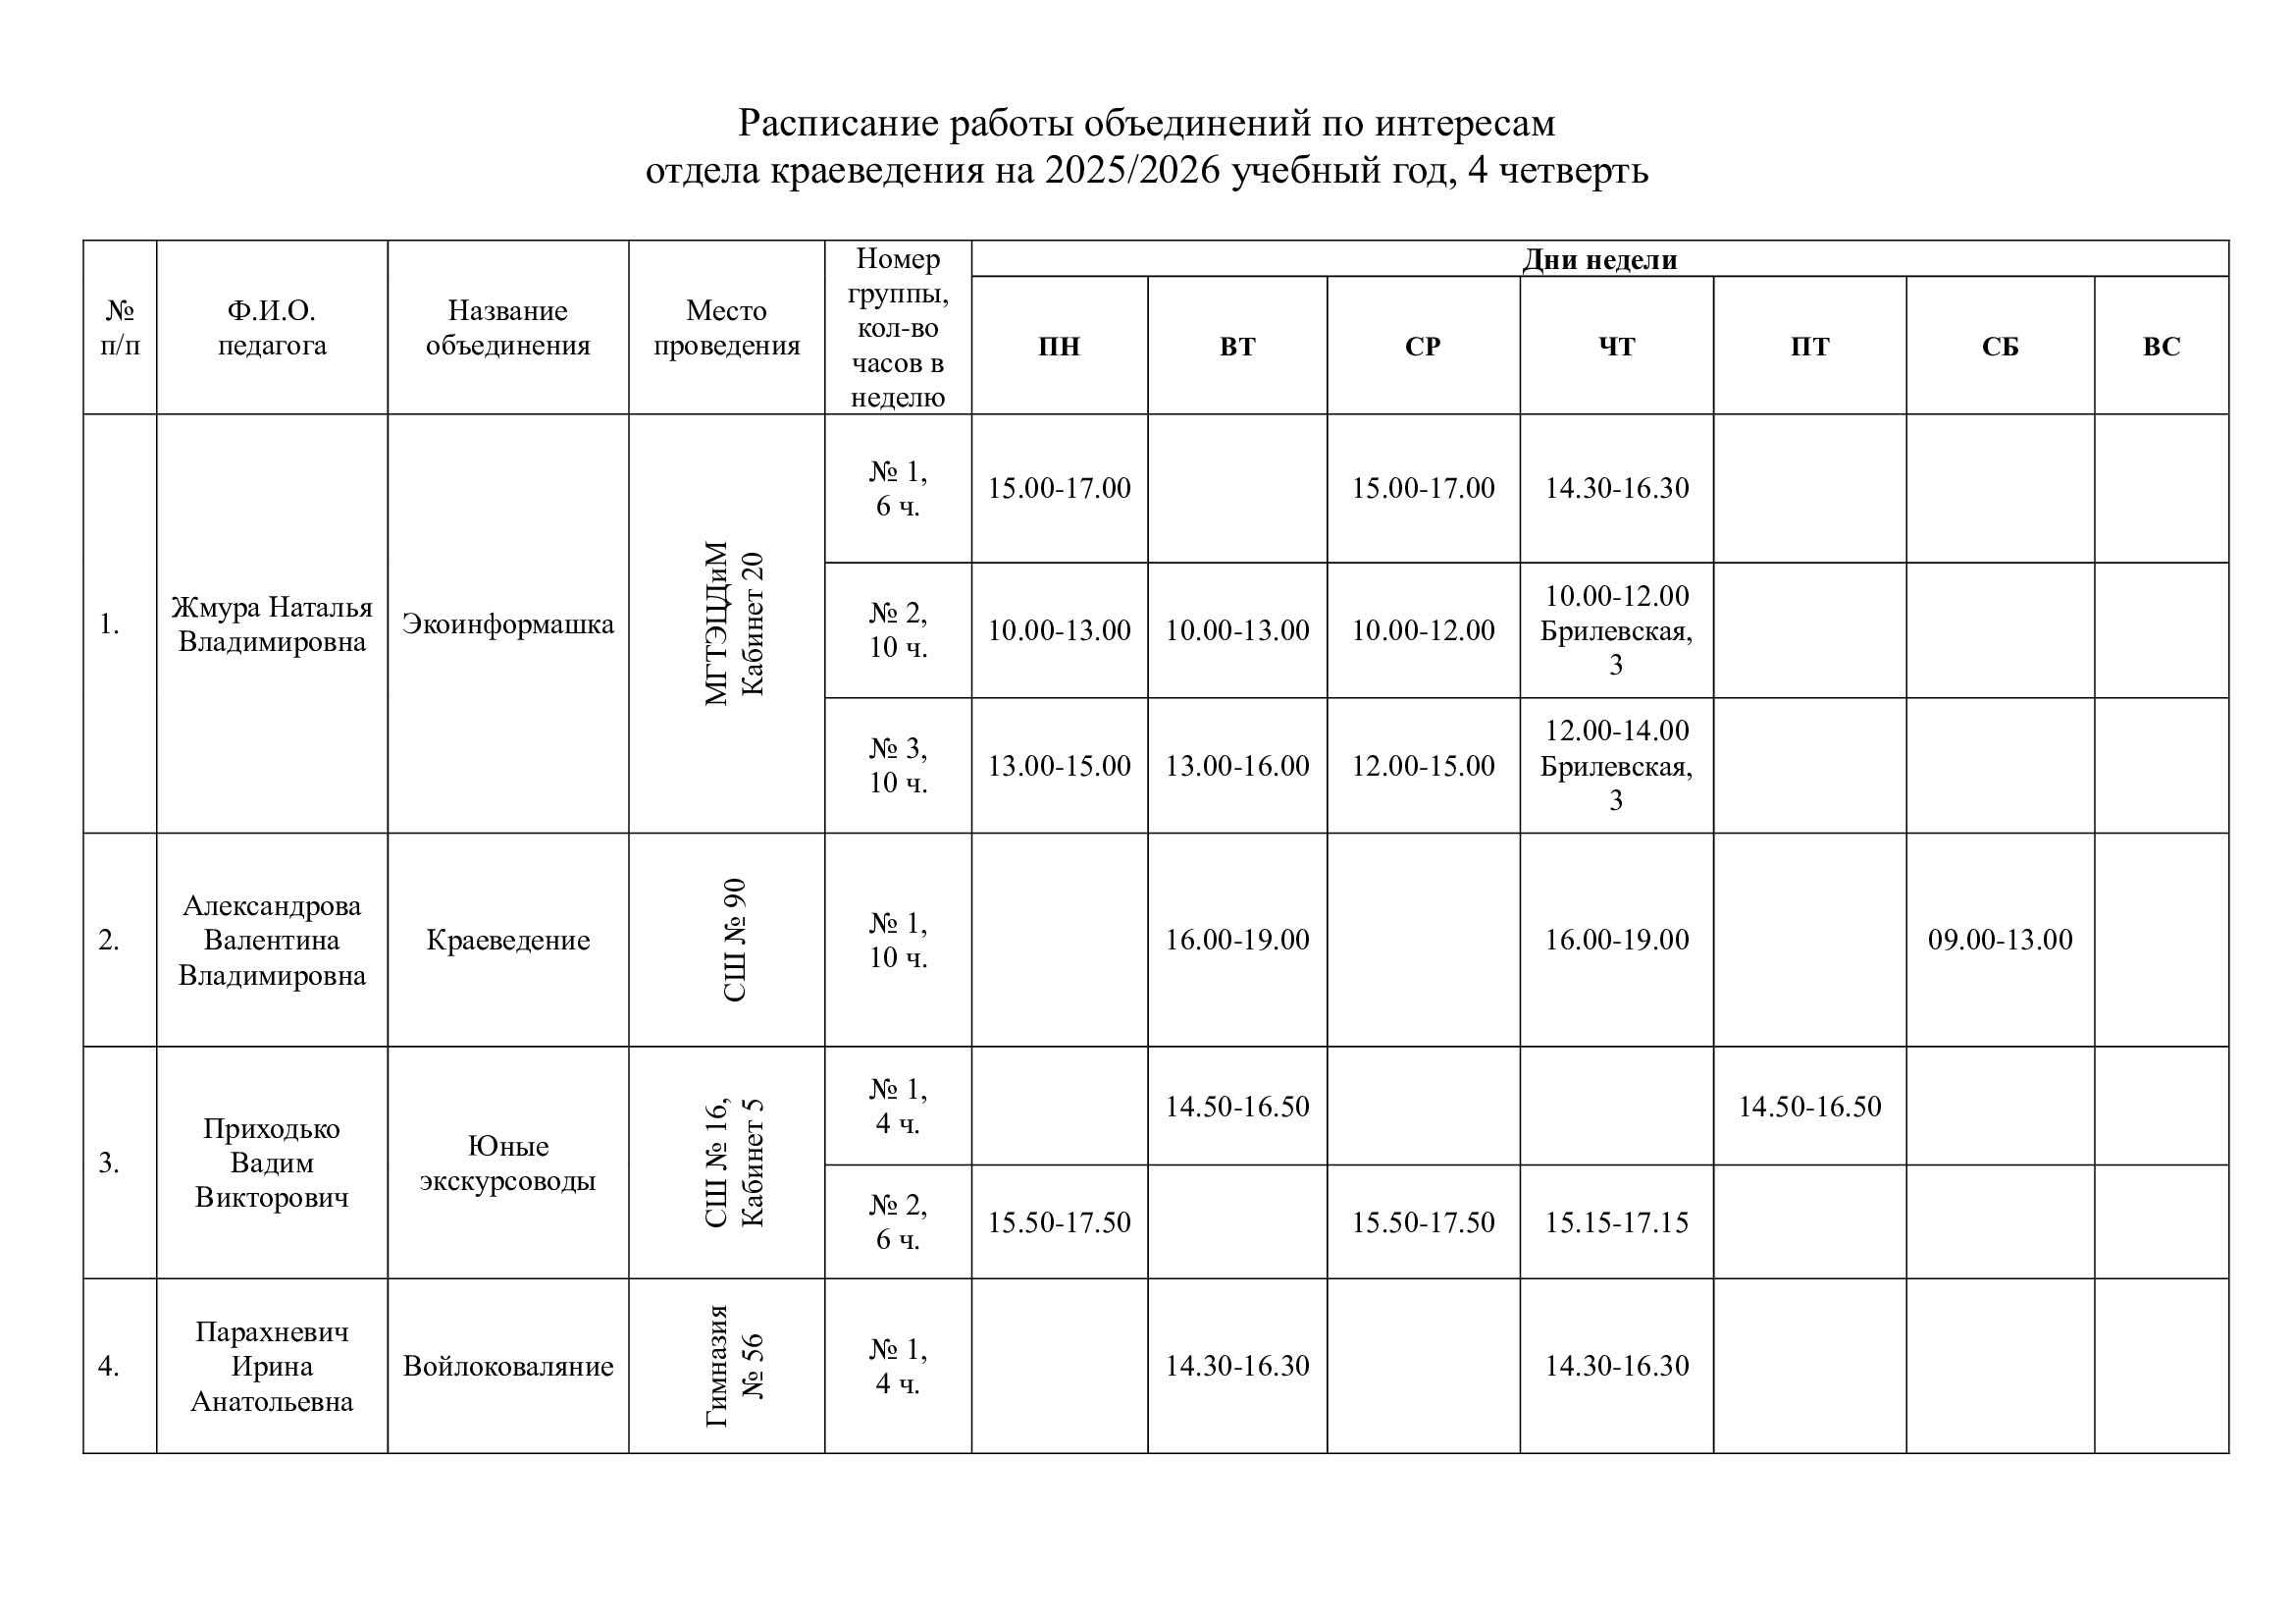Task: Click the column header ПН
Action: point(1059,346)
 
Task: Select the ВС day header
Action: point(2161,346)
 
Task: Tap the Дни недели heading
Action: point(1599,259)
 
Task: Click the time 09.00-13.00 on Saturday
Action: point(2000,939)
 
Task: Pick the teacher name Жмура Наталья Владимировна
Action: point(272,624)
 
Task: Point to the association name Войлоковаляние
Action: point(508,1366)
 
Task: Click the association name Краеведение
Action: point(508,940)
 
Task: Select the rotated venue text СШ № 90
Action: point(734,940)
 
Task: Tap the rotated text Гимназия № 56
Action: point(734,1366)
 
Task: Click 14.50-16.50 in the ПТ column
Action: point(1809,1106)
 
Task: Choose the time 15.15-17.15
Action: point(1616,1222)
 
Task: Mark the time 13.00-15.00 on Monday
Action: point(1059,766)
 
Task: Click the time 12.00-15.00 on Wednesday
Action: point(1424,766)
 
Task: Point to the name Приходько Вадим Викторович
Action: point(272,1163)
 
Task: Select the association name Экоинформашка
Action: point(508,624)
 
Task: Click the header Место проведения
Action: point(727,328)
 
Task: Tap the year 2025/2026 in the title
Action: point(1132,171)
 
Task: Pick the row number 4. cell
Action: point(109,1366)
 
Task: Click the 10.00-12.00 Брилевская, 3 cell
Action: point(1616,630)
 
